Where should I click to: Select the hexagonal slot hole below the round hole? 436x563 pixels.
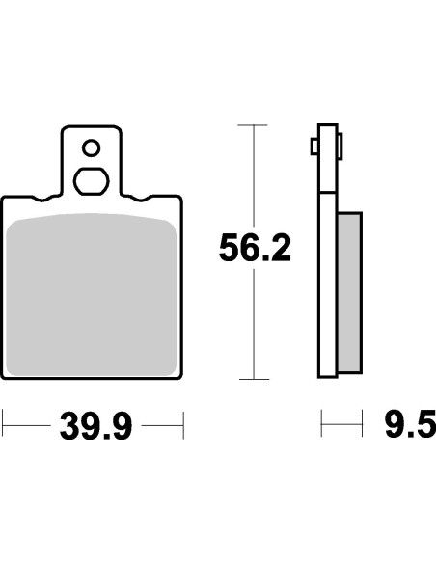coord(91,180)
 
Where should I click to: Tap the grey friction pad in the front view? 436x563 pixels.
coord(92,294)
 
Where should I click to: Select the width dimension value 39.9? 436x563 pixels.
coord(95,423)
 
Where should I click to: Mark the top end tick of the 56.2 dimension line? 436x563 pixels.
coord(253,124)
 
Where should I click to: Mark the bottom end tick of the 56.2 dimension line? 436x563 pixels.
coord(253,379)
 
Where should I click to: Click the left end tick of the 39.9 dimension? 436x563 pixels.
coord(4,422)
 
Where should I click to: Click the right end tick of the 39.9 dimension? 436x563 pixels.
coord(182,422)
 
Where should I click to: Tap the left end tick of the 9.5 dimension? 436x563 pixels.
coord(321,422)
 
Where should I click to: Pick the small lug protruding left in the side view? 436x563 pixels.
coord(313,147)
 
